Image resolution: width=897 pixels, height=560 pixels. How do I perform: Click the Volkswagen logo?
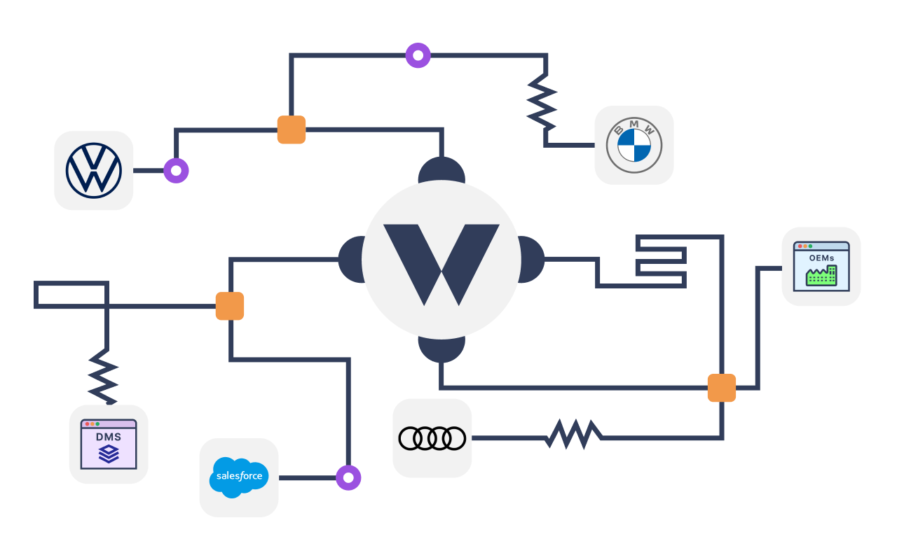pos(94,170)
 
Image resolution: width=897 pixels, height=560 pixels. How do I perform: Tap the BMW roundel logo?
pos(634,145)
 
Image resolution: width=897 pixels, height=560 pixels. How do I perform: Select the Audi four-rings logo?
pos(432,438)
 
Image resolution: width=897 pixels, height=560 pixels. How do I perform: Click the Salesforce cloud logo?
pos(239,477)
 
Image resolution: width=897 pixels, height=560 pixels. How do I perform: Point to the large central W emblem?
pos(441,260)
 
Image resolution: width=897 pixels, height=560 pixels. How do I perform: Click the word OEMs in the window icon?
pos(821,258)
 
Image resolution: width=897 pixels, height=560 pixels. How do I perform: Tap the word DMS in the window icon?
pos(109,437)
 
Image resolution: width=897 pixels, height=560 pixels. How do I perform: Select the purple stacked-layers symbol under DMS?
pos(109,454)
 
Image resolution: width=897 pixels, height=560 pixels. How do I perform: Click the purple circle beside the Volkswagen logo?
pos(176,170)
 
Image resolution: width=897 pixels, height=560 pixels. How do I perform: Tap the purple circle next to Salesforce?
pos(348,477)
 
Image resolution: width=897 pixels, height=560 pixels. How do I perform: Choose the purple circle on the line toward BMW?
pos(418,55)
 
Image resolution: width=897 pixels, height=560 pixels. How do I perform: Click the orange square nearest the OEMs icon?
pos(722,388)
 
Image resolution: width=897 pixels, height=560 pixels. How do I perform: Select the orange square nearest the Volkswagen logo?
pos(292,129)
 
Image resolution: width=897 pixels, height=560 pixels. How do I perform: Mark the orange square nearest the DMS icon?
pos(230,306)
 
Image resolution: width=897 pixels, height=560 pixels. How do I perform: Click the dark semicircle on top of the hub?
pos(441,169)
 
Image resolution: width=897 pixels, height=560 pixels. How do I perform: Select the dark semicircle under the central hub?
pos(441,349)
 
